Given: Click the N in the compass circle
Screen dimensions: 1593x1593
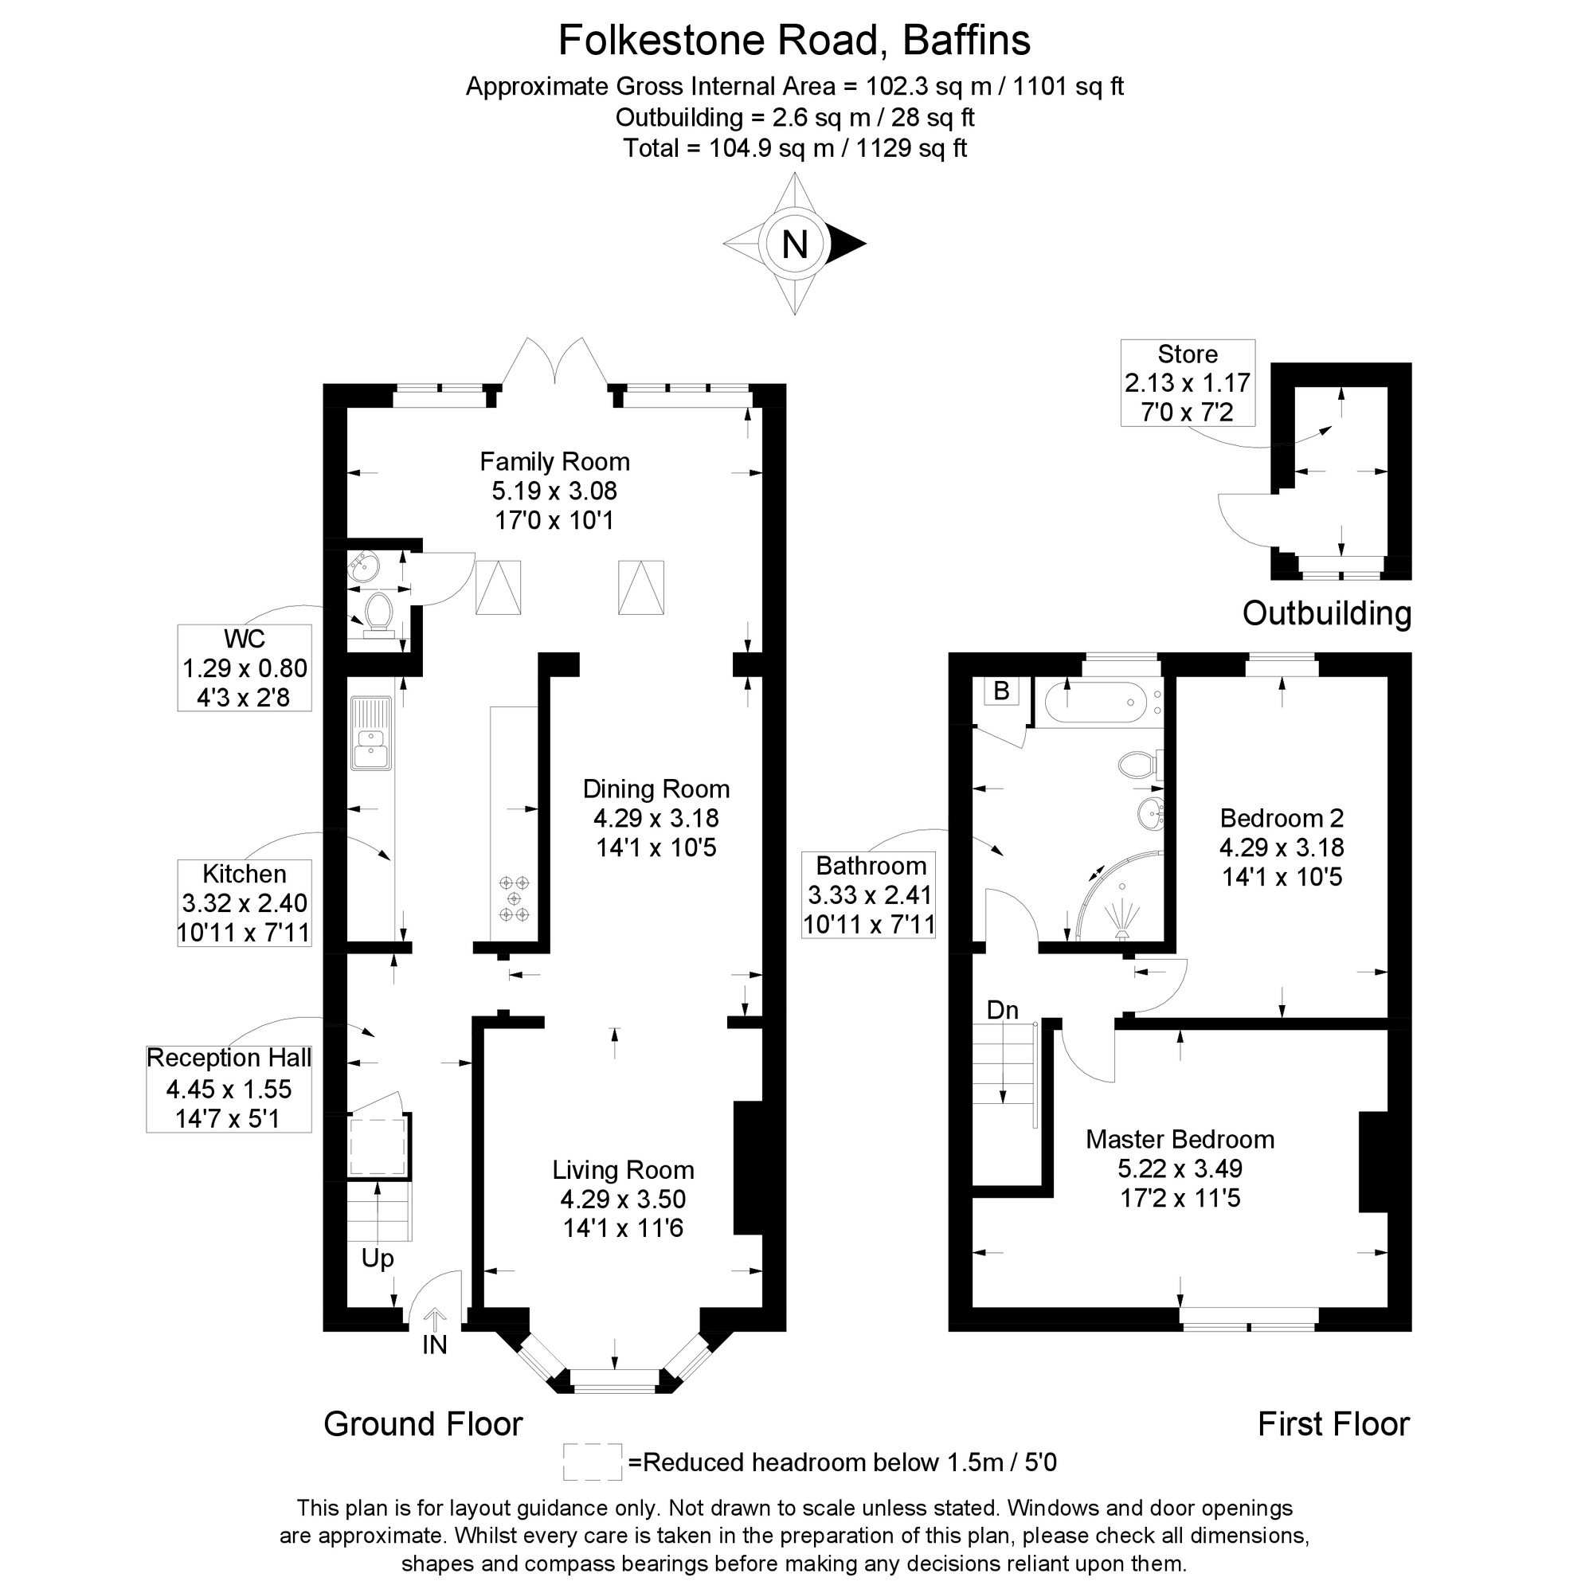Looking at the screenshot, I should tap(794, 245).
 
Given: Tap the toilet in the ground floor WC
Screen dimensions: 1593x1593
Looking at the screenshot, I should tap(378, 614).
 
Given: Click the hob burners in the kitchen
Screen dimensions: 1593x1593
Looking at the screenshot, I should tap(514, 898).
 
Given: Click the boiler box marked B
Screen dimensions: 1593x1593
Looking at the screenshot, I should tap(1001, 691).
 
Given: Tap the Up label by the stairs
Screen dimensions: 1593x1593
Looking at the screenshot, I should tap(378, 1258).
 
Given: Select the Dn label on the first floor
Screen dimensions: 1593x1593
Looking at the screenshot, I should tap(1003, 1010).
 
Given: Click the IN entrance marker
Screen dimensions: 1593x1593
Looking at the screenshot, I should tap(435, 1344).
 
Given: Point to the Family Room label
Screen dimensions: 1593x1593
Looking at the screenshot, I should tap(554, 462).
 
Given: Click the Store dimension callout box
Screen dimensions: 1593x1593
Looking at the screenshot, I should tap(1188, 382).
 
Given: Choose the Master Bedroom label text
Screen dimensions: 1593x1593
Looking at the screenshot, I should tap(1180, 1140).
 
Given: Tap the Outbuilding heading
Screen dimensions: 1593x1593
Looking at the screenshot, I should tap(1326, 613).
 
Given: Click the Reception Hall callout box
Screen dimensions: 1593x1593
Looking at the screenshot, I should tap(229, 1088).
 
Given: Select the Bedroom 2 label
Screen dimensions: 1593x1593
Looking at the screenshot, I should tap(1282, 818).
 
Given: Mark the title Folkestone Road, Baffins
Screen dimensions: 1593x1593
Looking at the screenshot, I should tap(794, 41).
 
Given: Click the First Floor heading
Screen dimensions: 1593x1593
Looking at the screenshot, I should tap(1333, 1424).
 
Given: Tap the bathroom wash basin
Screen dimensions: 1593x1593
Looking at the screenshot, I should tap(1150, 814).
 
